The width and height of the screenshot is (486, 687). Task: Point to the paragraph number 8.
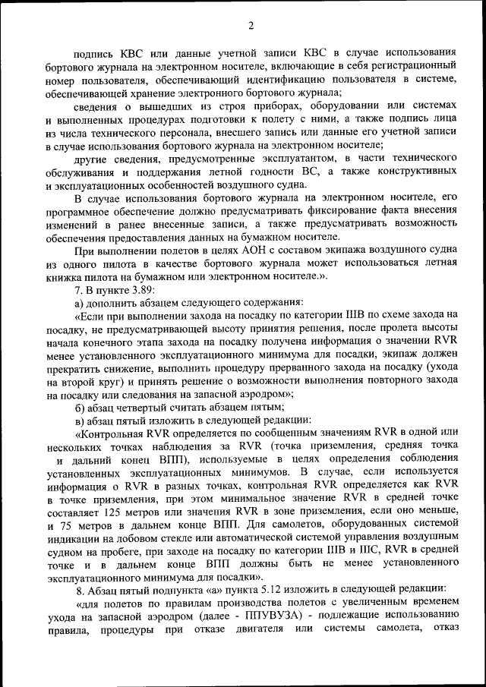point(80,590)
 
